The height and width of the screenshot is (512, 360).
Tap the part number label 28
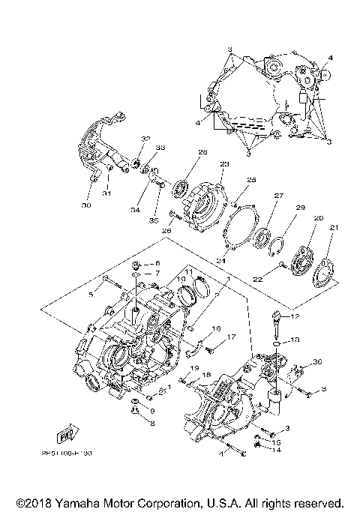coord(181,152)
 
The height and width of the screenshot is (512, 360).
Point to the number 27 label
coord(278,196)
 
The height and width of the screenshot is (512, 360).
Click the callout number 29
coord(300,207)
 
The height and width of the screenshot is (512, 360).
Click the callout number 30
coord(86,205)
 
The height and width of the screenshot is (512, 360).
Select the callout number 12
coord(295,317)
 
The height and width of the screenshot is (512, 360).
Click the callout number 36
coord(317,362)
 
